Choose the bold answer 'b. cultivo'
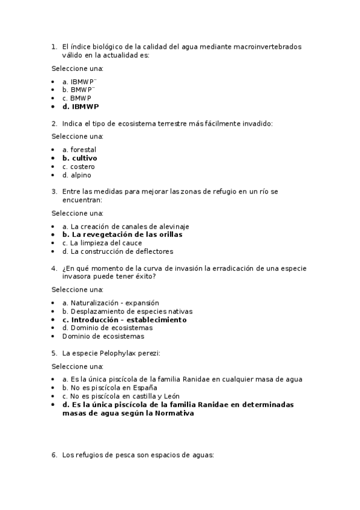coord(79,158)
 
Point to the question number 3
coord(54,192)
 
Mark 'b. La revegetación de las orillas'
coord(122,235)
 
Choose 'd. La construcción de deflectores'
coord(117,251)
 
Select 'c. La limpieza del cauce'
coord(102,243)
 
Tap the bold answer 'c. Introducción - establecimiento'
coord(124,320)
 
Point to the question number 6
coord(54,455)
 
